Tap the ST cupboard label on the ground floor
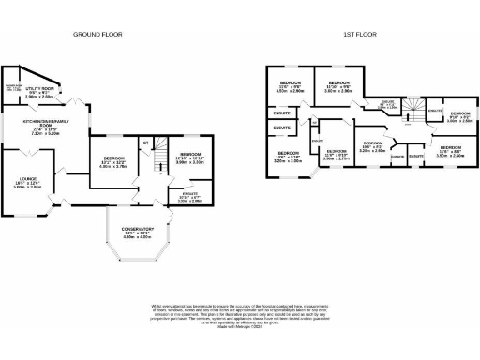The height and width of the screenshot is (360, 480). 145,142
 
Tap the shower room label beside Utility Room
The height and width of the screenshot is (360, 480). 14,90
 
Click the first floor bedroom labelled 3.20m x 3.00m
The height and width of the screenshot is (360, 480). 287,157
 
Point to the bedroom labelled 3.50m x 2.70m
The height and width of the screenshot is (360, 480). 336,156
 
